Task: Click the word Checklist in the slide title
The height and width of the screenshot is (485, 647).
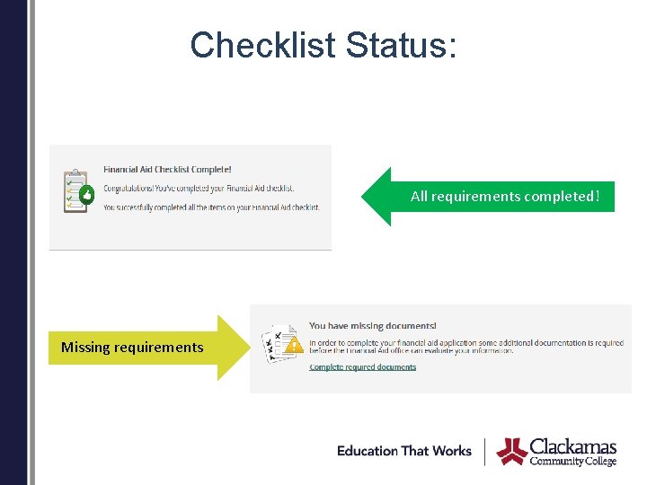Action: pyautogui.click(x=261, y=45)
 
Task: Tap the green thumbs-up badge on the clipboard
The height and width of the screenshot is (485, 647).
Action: pyautogui.click(x=86, y=194)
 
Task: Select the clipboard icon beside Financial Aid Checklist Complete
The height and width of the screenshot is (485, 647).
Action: pyautogui.click(x=75, y=190)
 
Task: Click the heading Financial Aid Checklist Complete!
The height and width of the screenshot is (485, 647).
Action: pyautogui.click(x=167, y=169)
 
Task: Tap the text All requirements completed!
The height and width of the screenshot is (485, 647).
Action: pyautogui.click(x=504, y=196)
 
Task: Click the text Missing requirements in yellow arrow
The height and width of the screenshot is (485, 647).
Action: pyautogui.click(x=132, y=348)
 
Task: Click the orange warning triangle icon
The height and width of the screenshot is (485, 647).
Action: pyautogui.click(x=293, y=344)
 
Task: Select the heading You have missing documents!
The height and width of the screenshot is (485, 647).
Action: pyautogui.click(x=372, y=326)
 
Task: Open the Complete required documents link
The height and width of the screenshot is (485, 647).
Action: pyautogui.click(x=362, y=366)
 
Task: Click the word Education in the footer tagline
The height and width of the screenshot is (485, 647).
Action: pyautogui.click(x=368, y=451)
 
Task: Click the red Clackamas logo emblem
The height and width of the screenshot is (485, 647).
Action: pyautogui.click(x=512, y=451)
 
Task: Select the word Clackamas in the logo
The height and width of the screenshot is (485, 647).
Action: pyautogui.click(x=573, y=446)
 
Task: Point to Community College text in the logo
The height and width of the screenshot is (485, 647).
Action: pyautogui.click(x=573, y=461)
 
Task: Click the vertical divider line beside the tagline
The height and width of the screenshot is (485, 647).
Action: pyautogui.click(x=485, y=451)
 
